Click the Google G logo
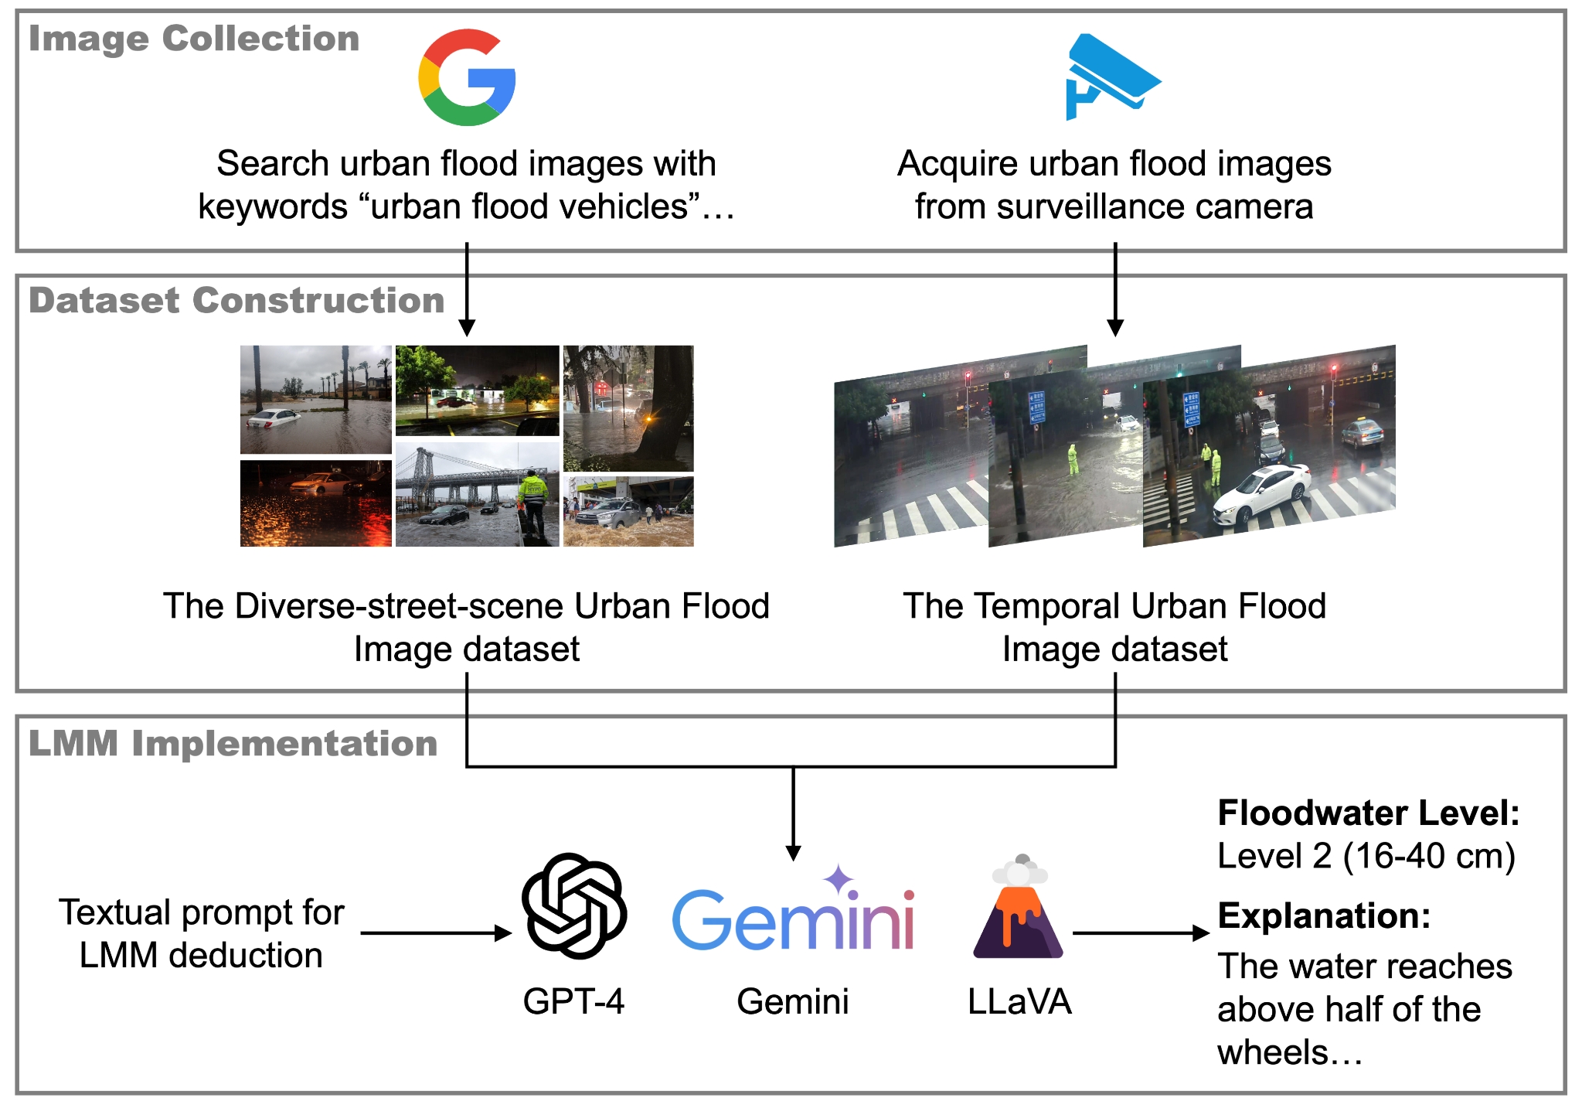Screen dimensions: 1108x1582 [x=467, y=77]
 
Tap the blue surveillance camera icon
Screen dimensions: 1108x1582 [x=1111, y=76]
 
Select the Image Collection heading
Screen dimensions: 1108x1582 [x=194, y=39]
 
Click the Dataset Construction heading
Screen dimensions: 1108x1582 [x=236, y=300]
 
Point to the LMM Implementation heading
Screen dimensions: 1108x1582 [x=233, y=743]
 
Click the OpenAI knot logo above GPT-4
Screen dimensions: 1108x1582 [x=573, y=905]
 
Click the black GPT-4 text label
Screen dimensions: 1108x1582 [x=573, y=1001]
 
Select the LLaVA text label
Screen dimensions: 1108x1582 [x=1019, y=1001]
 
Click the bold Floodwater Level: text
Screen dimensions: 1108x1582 [x=1368, y=813]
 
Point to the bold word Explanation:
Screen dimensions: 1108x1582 [x=1324, y=915]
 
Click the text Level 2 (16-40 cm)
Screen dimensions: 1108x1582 [x=1366, y=856]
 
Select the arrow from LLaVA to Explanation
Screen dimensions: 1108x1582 [x=1140, y=933]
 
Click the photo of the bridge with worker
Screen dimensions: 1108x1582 [x=477, y=496]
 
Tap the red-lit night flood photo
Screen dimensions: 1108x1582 [x=315, y=503]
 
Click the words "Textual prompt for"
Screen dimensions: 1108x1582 [x=201, y=912]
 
